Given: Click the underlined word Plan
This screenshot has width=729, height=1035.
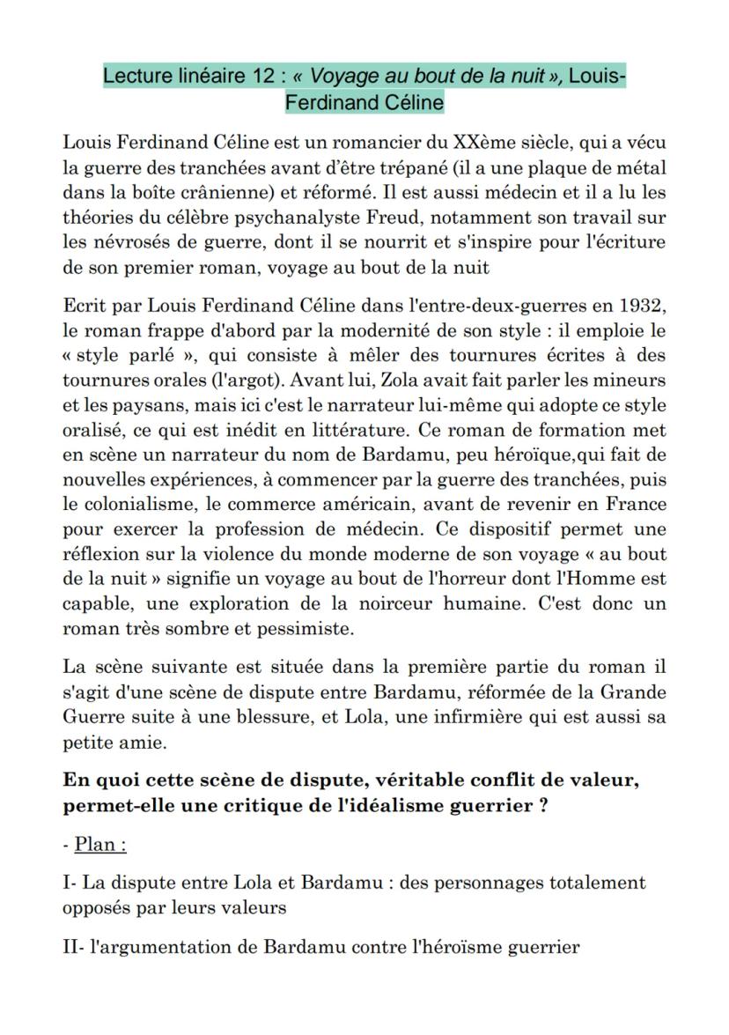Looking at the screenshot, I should click(x=99, y=844).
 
